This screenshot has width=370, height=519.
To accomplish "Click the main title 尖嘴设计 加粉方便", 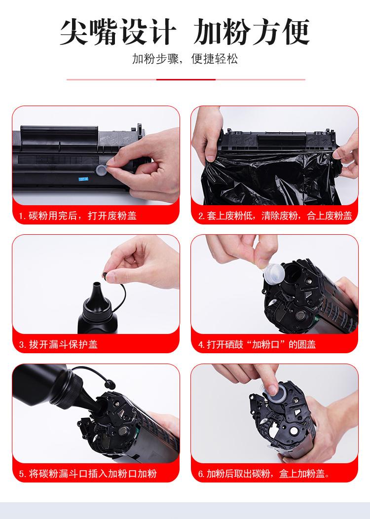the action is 185,32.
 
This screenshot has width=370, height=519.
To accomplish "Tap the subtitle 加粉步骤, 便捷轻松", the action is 185,59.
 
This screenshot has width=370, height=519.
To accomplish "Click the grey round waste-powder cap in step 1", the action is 101,170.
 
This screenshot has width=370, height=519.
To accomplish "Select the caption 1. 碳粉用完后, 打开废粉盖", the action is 77,216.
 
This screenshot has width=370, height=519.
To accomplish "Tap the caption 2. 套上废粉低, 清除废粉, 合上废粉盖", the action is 275,216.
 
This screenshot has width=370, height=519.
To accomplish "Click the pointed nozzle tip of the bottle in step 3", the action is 97,284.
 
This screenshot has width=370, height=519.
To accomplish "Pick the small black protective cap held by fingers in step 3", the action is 105,274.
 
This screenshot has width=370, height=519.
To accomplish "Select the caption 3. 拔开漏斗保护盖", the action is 58,344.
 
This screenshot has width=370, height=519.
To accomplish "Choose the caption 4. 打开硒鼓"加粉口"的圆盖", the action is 257,344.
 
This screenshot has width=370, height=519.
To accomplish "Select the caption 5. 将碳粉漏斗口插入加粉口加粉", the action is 88,474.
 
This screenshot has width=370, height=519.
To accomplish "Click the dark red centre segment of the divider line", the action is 185,79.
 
